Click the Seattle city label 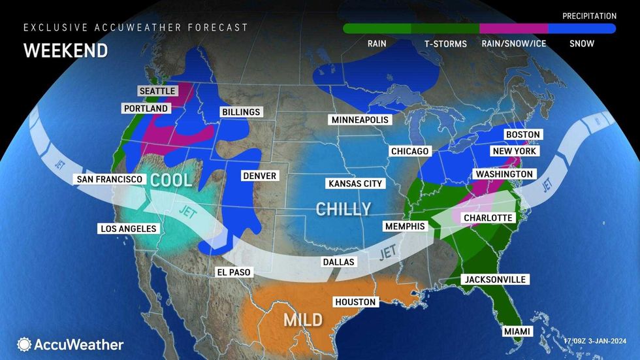tap(156, 91)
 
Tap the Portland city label tap(145, 108)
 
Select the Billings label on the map tap(240, 112)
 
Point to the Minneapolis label tap(360, 120)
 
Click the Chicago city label tap(409, 152)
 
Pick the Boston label tap(522, 135)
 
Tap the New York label tap(515, 151)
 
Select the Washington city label tap(504, 174)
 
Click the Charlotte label tap(488, 218)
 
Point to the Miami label tap(517, 332)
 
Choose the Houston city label tap(355, 302)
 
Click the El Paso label tap(234, 272)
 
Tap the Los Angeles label tap(128, 229)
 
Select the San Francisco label tap(110, 179)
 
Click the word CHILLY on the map tap(344, 209)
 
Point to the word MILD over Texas tap(303, 319)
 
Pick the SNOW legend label tap(581, 44)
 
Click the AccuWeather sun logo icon tap(25, 344)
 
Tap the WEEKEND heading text tap(65, 50)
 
